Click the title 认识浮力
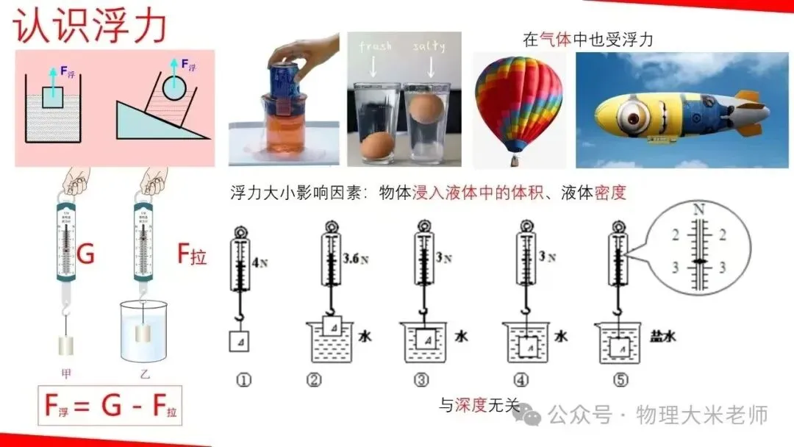click(x=90, y=27)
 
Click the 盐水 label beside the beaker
click(x=662, y=337)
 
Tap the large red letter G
click(x=86, y=255)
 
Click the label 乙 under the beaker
click(x=145, y=373)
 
